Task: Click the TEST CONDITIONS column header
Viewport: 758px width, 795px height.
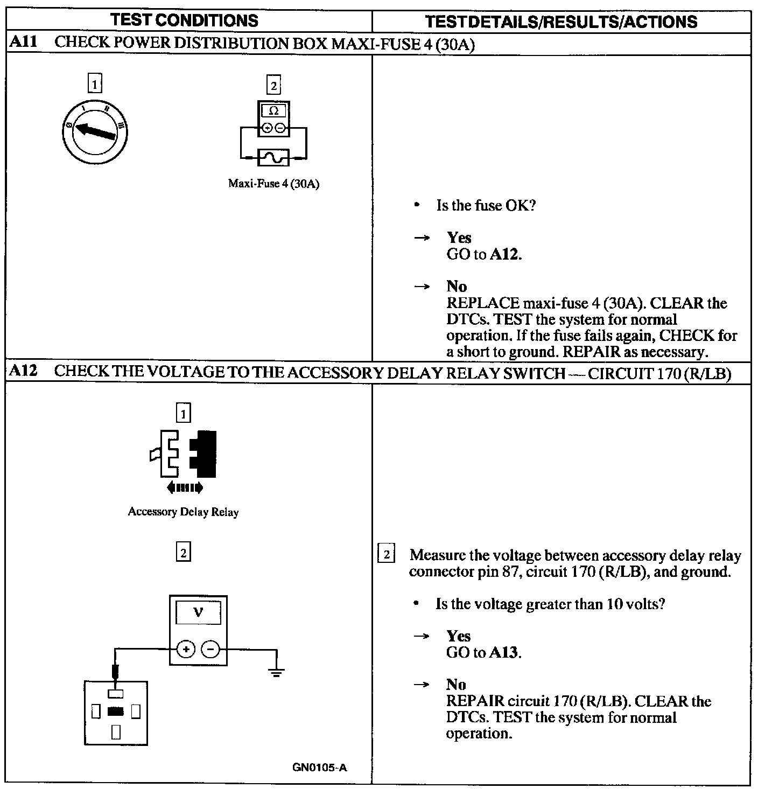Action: point(184,21)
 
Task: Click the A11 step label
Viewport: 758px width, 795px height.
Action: point(23,43)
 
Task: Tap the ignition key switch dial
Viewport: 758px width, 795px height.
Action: point(94,131)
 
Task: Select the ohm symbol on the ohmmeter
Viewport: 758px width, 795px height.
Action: point(273,111)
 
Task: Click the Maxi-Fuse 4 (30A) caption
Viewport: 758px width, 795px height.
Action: point(273,184)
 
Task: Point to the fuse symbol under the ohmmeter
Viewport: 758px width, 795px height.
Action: point(273,158)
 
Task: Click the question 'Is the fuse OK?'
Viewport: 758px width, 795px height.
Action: point(486,205)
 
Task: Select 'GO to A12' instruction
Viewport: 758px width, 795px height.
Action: point(484,254)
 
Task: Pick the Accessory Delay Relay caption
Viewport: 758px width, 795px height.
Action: point(183,512)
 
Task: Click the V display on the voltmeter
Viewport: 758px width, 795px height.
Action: point(198,612)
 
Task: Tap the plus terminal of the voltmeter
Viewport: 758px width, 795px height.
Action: point(185,650)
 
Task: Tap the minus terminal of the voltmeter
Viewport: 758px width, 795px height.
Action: point(210,650)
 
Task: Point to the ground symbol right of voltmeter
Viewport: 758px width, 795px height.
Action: point(276,671)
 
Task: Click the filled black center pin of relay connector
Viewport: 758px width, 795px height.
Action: point(116,712)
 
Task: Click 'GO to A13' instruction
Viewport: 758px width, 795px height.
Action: point(484,653)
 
